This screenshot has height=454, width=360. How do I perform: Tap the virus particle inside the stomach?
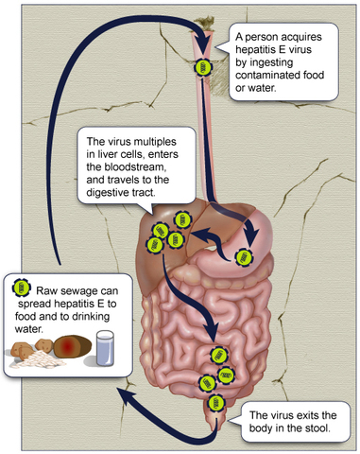[x=245, y=255]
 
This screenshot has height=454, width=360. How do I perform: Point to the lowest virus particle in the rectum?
[x=217, y=403]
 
